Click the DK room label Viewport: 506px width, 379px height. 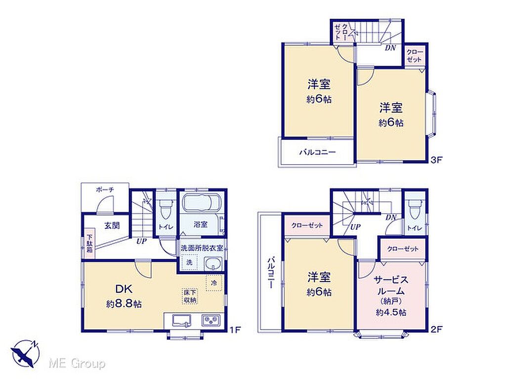click(x=124, y=289)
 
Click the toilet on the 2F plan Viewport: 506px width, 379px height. click(x=414, y=209)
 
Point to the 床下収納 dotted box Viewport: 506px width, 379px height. click(x=190, y=296)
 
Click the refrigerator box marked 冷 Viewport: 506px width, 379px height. click(x=214, y=283)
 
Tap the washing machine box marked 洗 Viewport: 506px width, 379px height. click(x=189, y=262)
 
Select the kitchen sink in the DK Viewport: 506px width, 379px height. click(x=182, y=321)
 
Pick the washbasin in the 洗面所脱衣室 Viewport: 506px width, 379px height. click(x=213, y=265)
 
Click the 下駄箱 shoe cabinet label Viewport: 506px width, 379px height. click(x=90, y=243)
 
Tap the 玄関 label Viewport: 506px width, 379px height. click(x=112, y=225)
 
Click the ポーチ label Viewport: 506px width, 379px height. click(x=105, y=190)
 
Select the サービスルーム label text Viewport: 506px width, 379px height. click(x=391, y=286)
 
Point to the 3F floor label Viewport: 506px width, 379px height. click(x=436, y=160)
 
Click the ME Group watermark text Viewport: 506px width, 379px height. click(x=77, y=364)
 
